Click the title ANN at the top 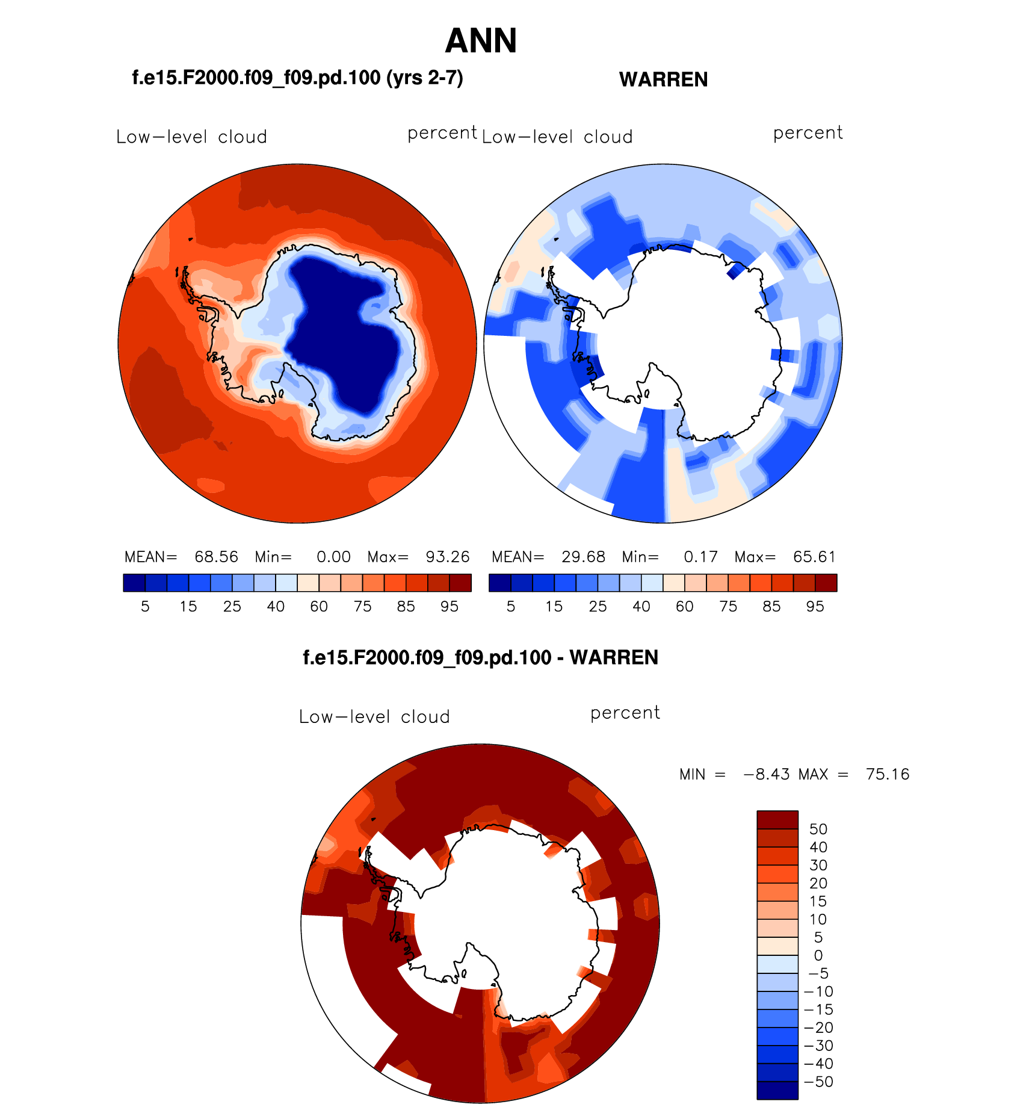click(481, 41)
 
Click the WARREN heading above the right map click(663, 79)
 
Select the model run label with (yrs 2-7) click(297, 78)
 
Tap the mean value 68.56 click(216, 557)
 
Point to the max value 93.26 click(447, 557)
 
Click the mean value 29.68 click(583, 557)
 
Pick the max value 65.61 click(814, 557)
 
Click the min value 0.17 click(700, 557)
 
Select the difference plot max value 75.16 click(887, 774)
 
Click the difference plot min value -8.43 click(766, 774)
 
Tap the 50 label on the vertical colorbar click(818, 829)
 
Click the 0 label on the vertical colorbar click(818, 955)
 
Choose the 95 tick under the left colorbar click(450, 607)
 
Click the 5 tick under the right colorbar click(511, 607)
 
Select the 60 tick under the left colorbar click(319, 607)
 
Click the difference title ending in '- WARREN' click(480, 657)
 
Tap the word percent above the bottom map click(625, 713)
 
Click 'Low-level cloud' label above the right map click(557, 137)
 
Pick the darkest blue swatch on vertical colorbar click(777, 1090)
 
